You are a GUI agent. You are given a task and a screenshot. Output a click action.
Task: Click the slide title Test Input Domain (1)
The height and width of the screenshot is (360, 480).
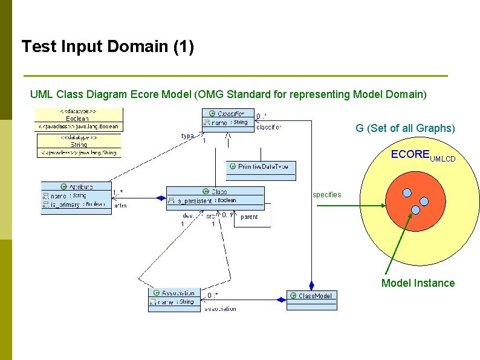108,47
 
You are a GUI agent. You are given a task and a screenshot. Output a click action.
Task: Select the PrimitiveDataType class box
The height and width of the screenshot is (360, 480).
261,170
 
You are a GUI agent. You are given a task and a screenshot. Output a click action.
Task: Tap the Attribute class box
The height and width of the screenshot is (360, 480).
76,197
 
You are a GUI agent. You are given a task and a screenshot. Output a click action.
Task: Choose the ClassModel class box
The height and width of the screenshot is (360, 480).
311,299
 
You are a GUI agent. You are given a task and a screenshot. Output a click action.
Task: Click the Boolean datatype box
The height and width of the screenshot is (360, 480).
79,119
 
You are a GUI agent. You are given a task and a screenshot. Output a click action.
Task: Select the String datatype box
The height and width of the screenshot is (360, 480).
79,145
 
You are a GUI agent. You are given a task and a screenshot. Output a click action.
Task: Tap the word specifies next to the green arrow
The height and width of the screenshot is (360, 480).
326,195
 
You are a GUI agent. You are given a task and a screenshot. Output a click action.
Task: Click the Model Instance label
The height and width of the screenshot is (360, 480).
418,283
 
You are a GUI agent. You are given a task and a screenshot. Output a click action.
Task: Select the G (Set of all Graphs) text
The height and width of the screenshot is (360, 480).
404,128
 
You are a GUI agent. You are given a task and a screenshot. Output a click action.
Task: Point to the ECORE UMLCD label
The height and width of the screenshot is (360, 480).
423,155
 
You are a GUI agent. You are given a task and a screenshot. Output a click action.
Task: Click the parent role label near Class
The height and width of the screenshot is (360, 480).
249,217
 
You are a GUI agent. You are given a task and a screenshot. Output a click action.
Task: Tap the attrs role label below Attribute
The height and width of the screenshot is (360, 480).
120,206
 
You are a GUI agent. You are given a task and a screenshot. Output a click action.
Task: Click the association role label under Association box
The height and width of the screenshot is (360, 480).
220,309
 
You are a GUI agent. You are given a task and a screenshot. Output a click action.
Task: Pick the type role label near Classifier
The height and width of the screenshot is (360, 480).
187,136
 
